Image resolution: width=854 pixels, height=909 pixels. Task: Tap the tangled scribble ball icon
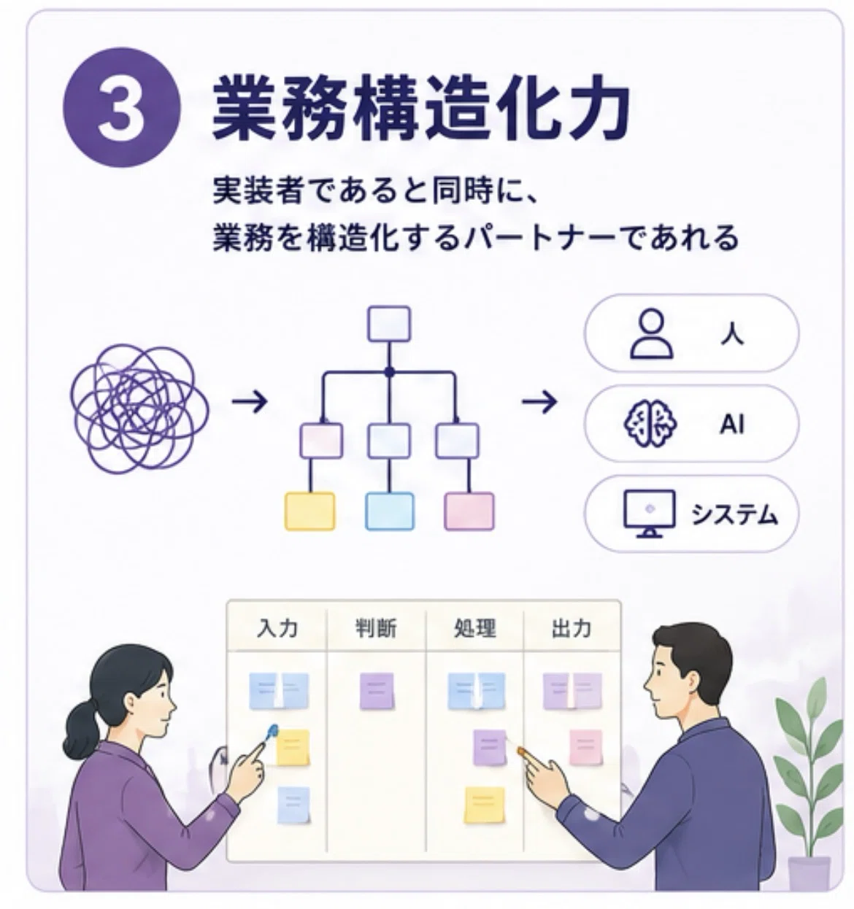139,408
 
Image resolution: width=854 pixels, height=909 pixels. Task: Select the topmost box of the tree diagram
389,324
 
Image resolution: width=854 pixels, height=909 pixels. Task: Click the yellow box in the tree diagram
309,511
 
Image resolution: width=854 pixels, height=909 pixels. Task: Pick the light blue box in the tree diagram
390,511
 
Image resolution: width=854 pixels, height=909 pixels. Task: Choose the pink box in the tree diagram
469,511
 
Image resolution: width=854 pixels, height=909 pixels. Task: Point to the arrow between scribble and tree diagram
249,402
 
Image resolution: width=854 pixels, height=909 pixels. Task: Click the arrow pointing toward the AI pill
539,402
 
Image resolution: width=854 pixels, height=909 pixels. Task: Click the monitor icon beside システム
650,513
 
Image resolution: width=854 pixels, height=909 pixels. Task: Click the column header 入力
277,627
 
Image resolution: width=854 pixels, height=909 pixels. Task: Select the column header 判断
376,627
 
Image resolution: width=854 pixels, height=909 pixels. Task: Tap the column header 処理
474,627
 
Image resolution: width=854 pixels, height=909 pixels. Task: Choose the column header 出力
571,627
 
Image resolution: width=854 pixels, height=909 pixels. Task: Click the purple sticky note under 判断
377,691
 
